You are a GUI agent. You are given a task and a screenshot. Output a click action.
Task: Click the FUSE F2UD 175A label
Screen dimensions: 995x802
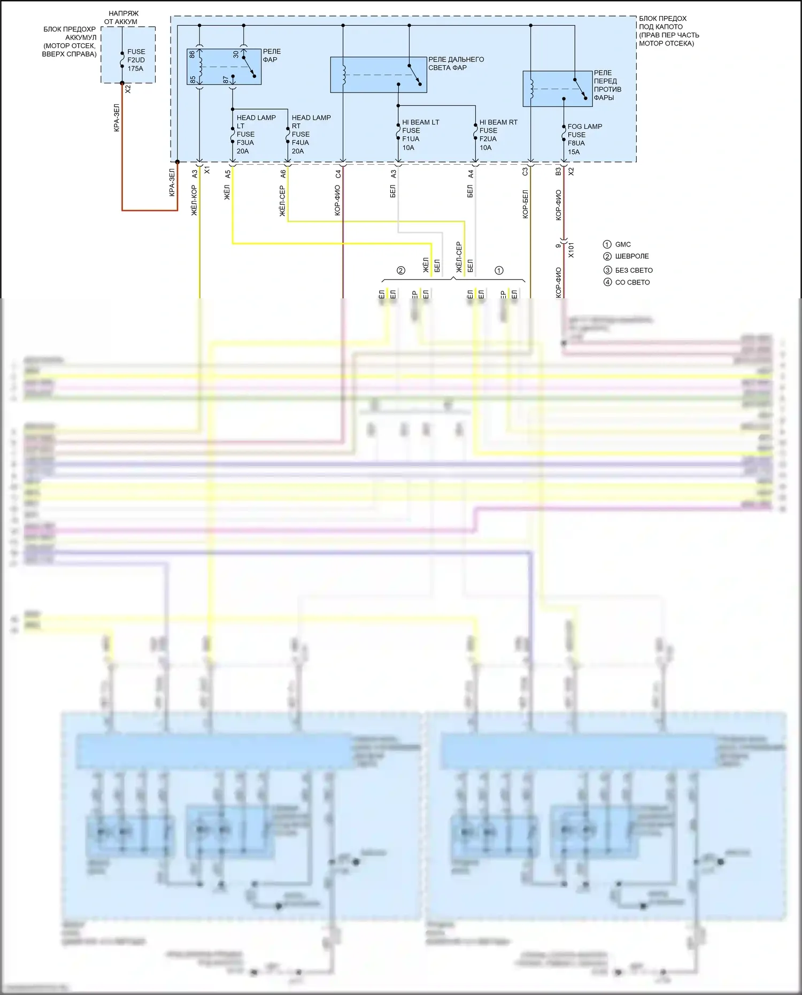136,60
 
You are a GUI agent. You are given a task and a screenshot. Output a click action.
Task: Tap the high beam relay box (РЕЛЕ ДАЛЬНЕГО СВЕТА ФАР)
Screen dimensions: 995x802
378,75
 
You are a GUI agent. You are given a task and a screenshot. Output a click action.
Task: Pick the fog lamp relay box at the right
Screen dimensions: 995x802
557,89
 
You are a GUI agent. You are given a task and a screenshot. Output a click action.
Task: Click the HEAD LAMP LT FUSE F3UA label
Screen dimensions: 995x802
256,134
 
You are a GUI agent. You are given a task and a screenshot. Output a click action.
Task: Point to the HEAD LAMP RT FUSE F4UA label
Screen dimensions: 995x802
311,134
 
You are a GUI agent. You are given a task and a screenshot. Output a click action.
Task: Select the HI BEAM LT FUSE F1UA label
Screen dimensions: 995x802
420,135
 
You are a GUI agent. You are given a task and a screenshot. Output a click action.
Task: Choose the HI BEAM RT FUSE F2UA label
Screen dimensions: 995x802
498,135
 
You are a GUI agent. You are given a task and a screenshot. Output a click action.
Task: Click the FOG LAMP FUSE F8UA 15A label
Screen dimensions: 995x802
584,139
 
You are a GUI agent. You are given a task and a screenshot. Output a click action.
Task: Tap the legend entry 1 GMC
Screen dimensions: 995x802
617,244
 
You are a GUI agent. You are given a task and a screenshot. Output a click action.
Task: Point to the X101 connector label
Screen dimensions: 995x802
570,250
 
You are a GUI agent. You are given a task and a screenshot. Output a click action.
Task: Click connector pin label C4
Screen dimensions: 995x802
338,174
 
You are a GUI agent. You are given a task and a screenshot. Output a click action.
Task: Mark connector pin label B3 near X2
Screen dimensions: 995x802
558,172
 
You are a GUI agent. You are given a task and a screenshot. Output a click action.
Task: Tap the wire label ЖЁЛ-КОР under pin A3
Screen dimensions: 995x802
194,201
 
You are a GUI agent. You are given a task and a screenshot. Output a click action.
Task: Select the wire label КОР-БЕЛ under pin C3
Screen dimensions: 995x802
525,204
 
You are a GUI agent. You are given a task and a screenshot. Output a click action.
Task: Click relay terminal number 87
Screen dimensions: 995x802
226,79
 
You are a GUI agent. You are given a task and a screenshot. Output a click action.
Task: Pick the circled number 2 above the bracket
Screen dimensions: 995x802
401,271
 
